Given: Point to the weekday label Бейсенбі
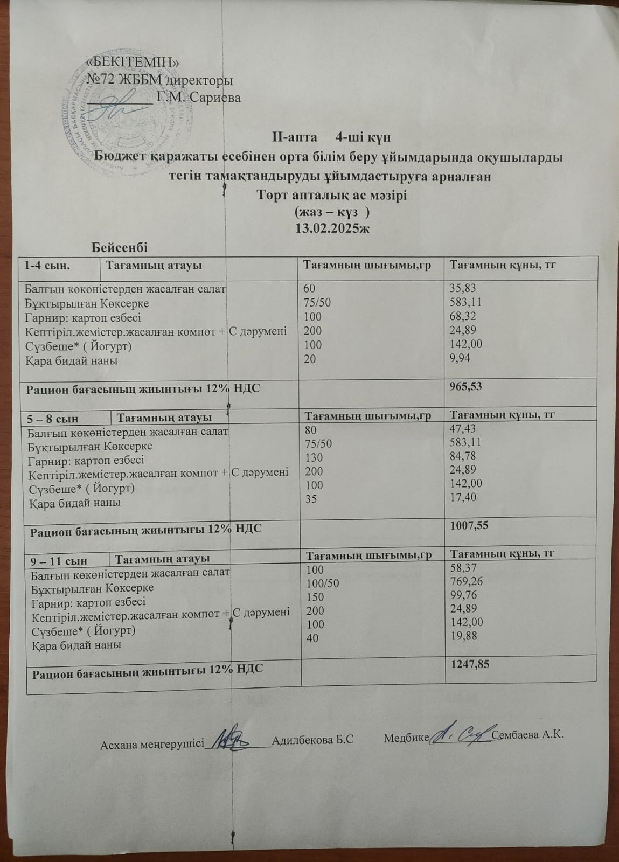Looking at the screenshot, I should (x=120, y=247).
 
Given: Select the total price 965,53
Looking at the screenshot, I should (x=465, y=386).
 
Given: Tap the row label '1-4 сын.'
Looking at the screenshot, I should (x=48, y=265).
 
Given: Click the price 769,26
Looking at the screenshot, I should (x=467, y=582).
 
